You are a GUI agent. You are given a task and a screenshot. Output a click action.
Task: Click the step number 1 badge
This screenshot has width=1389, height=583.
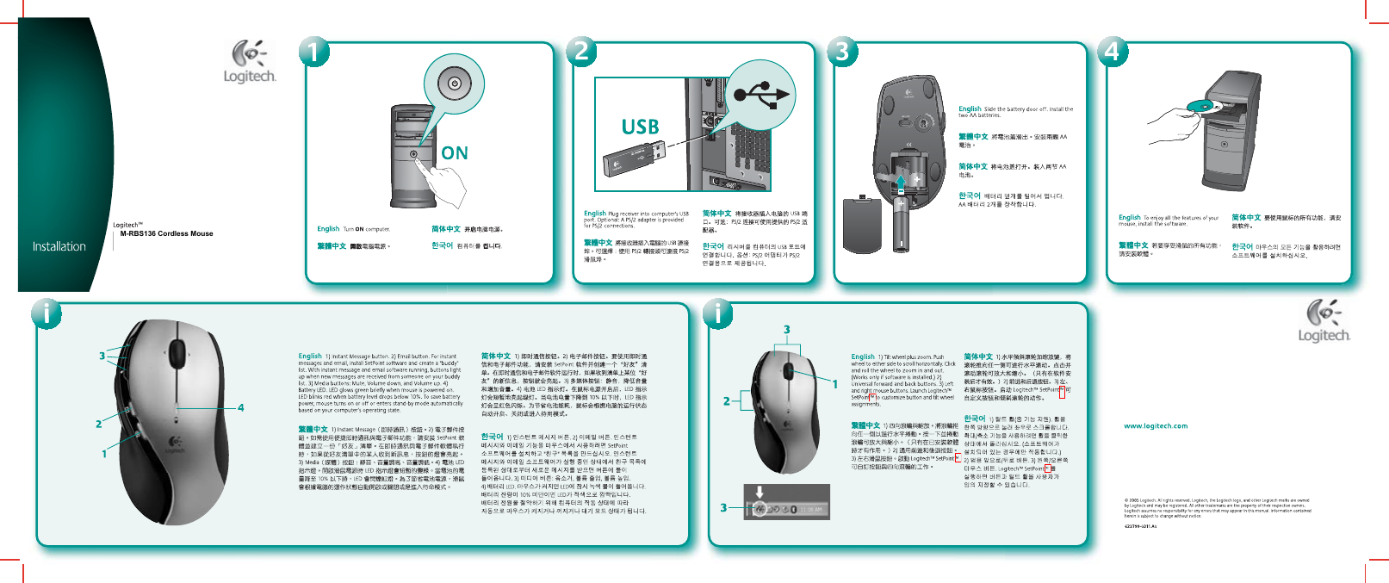click(313, 52)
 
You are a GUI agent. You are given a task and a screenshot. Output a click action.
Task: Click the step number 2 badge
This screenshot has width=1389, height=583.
click(581, 51)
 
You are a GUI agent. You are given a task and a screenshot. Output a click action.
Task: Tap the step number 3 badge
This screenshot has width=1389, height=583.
click(842, 51)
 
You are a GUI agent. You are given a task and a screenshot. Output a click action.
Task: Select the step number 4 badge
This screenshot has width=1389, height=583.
click(1112, 52)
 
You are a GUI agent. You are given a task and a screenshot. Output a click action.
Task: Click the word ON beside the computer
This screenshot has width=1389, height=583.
click(455, 153)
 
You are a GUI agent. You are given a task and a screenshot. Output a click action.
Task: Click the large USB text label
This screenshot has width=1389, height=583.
click(640, 127)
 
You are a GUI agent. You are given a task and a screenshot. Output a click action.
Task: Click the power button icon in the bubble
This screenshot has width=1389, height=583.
click(454, 84)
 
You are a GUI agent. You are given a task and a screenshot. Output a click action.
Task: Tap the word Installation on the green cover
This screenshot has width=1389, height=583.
click(59, 246)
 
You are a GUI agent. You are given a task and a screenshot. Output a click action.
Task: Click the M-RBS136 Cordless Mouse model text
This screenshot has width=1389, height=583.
click(166, 233)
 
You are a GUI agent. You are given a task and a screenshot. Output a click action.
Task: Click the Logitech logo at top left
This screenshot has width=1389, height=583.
click(250, 62)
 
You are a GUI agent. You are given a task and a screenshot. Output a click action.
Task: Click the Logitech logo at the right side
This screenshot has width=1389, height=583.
click(1324, 320)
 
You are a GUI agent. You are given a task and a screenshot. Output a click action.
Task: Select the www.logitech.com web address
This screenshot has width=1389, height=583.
click(1155, 425)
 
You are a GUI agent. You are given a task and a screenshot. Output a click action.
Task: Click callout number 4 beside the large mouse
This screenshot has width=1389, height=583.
click(241, 407)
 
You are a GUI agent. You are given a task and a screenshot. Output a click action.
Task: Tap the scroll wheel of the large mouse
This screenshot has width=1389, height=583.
click(177, 352)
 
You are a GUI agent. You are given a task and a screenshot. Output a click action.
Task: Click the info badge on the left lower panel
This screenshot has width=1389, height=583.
click(47, 313)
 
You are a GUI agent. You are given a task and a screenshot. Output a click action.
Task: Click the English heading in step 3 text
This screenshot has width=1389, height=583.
click(970, 109)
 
